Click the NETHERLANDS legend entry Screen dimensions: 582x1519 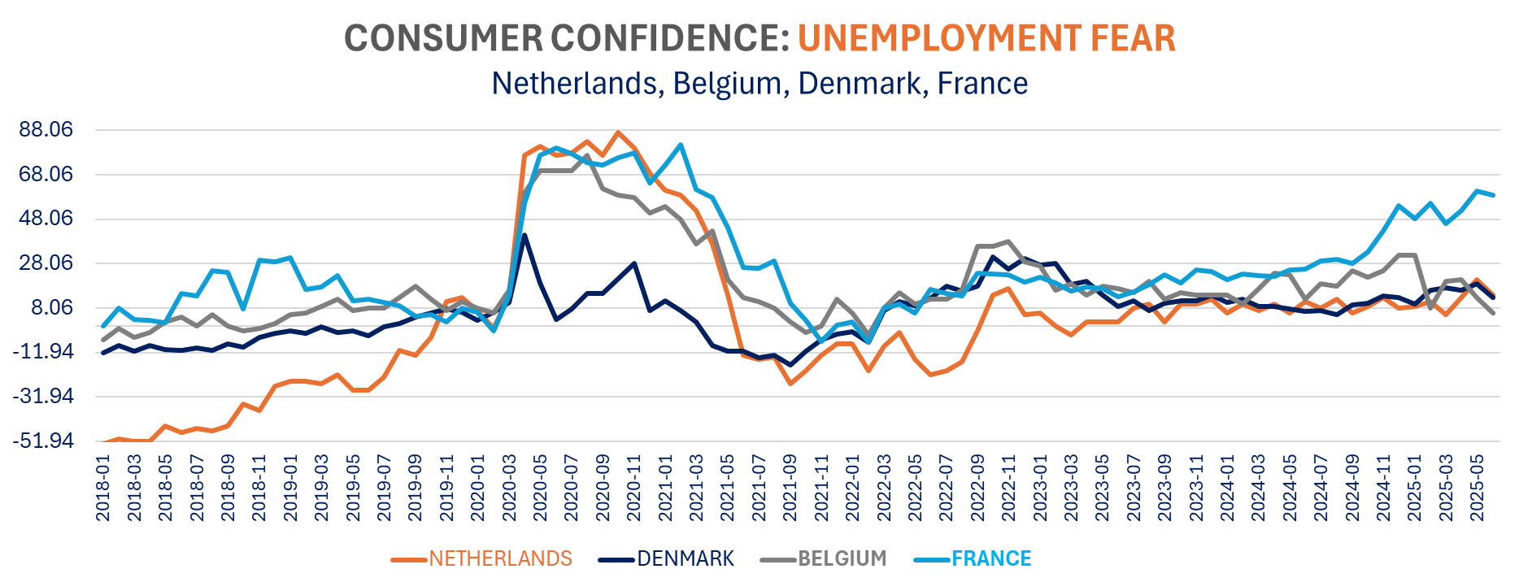tap(500, 559)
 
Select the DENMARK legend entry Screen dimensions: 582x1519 tap(685, 559)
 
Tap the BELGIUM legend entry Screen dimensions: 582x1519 tap(842, 559)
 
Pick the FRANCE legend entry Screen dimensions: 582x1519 tap(990, 559)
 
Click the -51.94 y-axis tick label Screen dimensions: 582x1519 tap(42, 441)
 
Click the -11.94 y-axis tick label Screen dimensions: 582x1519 tap(42, 353)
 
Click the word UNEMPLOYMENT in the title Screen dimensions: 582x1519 tap(938, 38)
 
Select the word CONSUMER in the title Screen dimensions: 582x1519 tap(445, 38)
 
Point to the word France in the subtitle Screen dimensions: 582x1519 tap(982, 84)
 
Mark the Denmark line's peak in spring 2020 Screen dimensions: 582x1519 tap(524, 236)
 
